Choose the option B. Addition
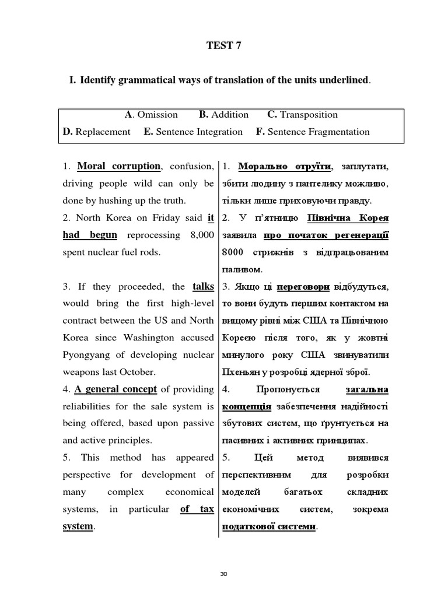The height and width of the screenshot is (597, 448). click(x=223, y=115)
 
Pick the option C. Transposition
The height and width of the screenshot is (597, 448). click(x=302, y=115)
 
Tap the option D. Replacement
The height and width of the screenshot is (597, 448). click(x=97, y=132)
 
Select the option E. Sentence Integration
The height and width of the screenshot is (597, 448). click(x=193, y=132)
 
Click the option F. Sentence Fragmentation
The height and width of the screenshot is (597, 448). click(x=313, y=132)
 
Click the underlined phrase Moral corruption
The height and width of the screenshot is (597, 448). click(x=118, y=166)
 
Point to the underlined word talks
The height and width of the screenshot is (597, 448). click(x=203, y=287)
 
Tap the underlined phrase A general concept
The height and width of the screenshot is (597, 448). click(x=116, y=389)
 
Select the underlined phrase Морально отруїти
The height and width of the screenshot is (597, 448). click(x=285, y=167)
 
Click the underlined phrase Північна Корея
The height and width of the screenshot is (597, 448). click(x=348, y=218)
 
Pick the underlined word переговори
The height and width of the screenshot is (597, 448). click(x=303, y=287)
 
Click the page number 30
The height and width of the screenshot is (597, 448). click(x=223, y=574)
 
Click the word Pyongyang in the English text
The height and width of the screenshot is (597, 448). click(x=87, y=355)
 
